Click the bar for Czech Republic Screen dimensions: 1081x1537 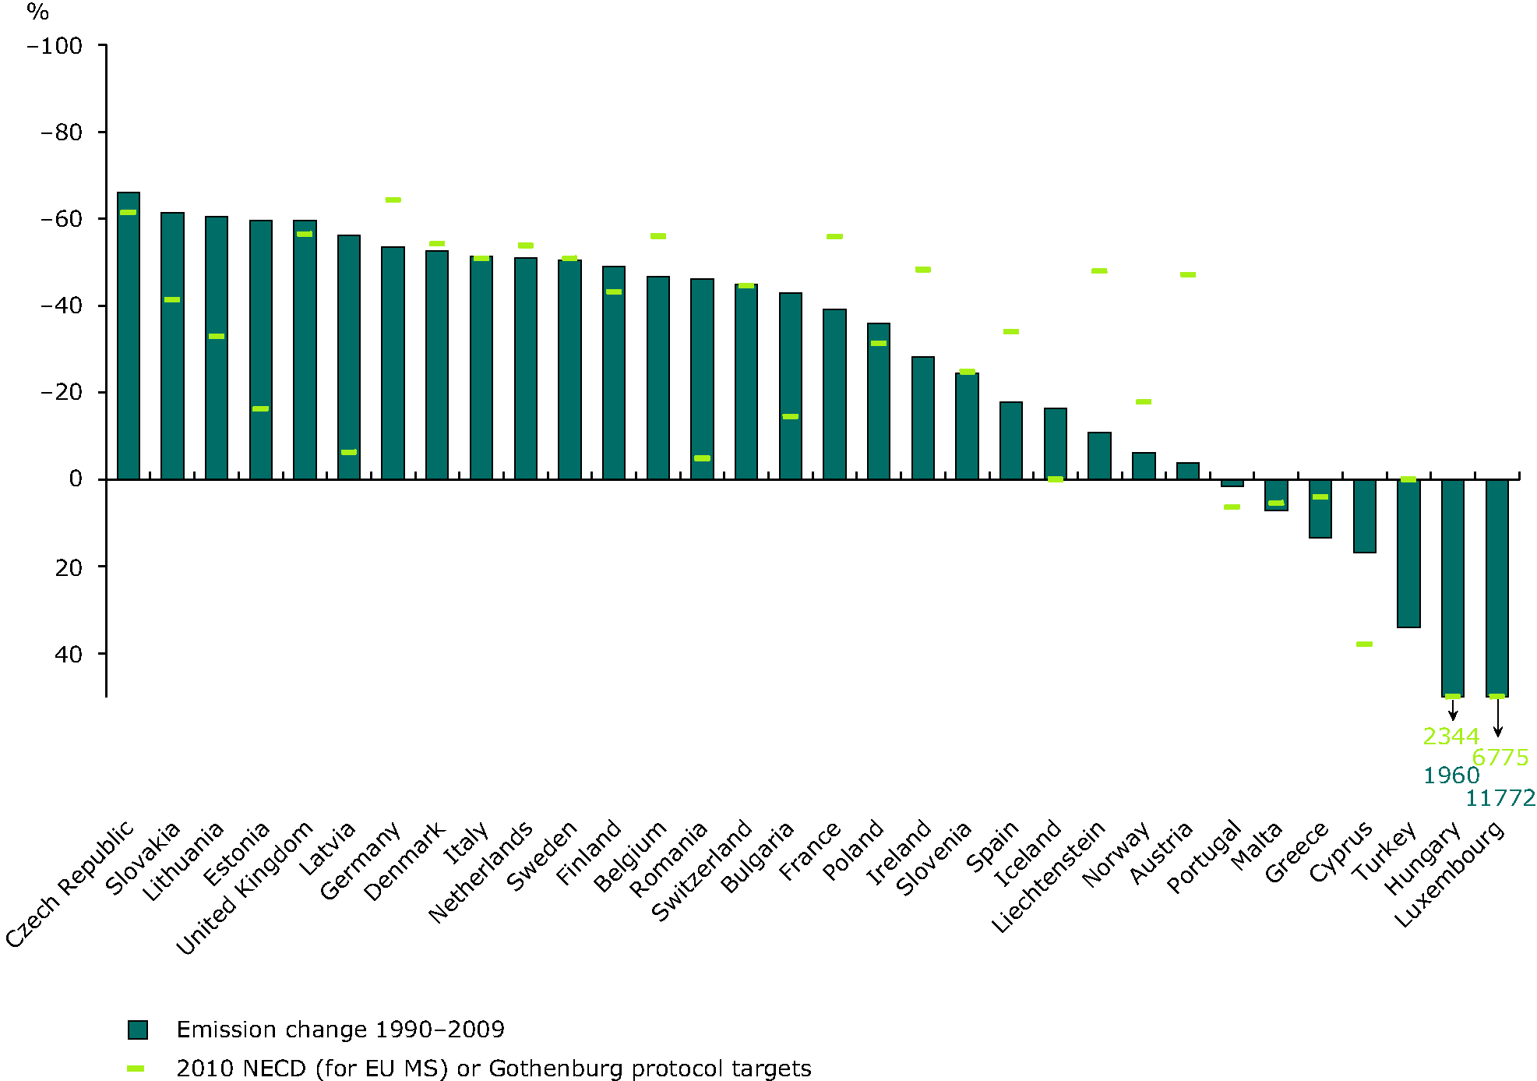[x=129, y=335]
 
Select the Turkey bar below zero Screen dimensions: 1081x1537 [x=1408, y=553]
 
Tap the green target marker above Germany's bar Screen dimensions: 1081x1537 [x=393, y=200]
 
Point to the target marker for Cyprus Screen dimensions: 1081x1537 [x=1364, y=644]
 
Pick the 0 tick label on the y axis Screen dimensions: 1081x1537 [x=76, y=479]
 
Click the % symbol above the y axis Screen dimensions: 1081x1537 [x=37, y=12]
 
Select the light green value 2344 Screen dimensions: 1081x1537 [x=1451, y=737]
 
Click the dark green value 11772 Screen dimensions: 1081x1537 [x=1500, y=798]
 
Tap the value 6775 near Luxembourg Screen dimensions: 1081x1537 [x=1500, y=758]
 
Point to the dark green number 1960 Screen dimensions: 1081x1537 [x=1451, y=775]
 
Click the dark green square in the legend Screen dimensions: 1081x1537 [x=138, y=1030]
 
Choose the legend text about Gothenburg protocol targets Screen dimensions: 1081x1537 [x=494, y=1069]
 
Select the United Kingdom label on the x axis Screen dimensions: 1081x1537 [x=245, y=888]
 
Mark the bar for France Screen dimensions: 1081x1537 [x=834, y=394]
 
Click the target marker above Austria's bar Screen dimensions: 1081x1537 [x=1188, y=274]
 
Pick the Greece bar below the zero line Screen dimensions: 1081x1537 [x=1320, y=508]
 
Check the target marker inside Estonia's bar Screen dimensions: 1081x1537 [x=261, y=408]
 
